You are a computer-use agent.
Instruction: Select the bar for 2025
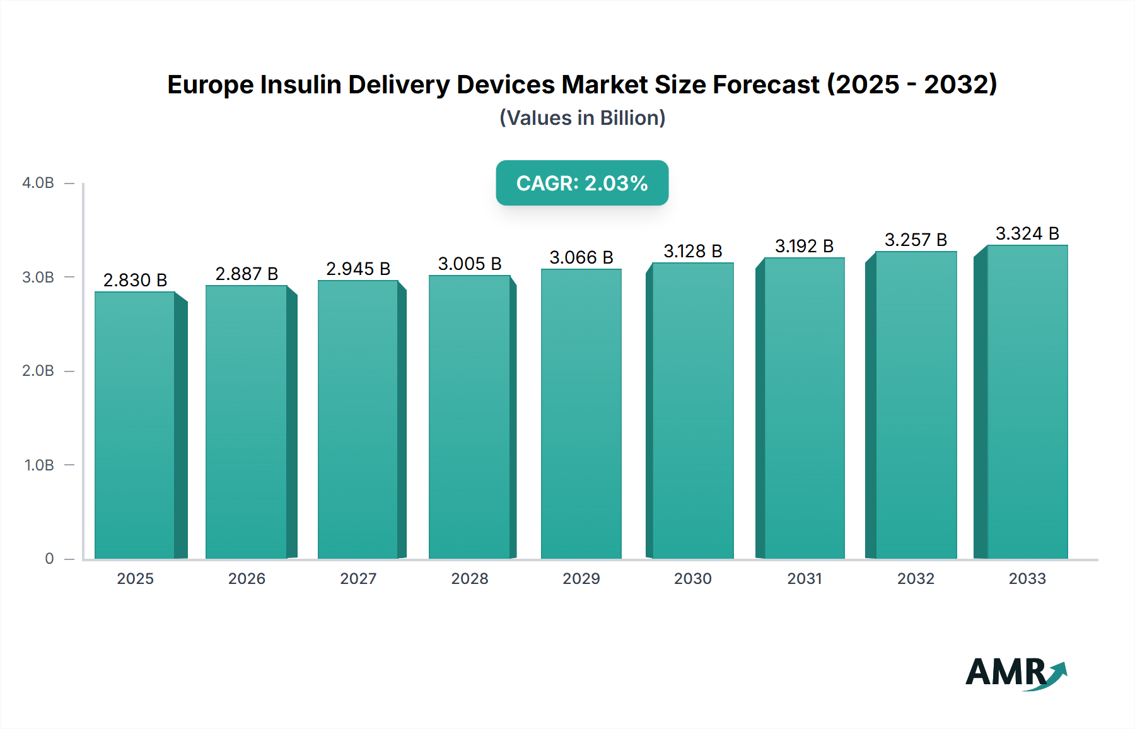click(x=135, y=426)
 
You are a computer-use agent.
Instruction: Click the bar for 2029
click(x=581, y=414)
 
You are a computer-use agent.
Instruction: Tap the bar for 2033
click(x=1027, y=402)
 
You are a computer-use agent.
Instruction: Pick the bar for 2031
click(x=804, y=409)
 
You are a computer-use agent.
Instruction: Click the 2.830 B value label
click(x=135, y=280)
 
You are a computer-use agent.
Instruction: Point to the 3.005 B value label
click(x=470, y=264)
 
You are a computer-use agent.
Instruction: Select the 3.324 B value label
click(x=1027, y=233)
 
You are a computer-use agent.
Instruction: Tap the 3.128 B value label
click(x=692, y=251)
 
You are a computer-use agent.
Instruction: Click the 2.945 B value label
click(x=358, y=269)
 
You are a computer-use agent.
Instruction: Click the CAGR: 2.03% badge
click(x=582, y=183)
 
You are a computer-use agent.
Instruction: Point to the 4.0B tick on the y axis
click(x=38, y=183)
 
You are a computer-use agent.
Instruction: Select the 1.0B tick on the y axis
click(x=39, y=465)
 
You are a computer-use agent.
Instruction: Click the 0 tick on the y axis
click(x=49, y=558)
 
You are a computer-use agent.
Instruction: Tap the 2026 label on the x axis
click(x=247, y=578)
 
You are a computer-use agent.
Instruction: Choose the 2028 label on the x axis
click(x=470, y=578)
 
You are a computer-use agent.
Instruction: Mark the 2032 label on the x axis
click(x=916, y=578)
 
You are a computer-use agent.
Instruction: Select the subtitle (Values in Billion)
click(x=582, y=118)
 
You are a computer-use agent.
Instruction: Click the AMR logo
click(x=1015, y=673)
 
